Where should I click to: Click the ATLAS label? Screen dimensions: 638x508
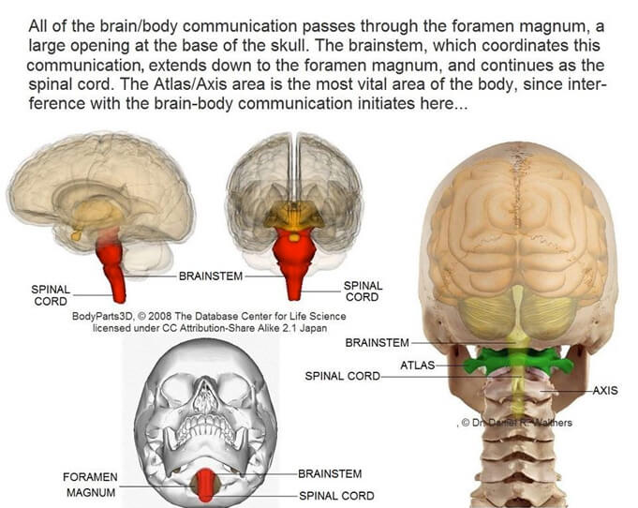(x=417, y=365)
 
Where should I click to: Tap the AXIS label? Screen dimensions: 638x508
(x=605, y=390)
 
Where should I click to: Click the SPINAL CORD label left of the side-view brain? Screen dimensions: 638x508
(x=49, y=296)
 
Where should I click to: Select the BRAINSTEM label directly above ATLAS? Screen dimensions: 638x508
(x=377, y=343)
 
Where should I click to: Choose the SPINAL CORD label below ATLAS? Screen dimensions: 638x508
(x=342, y=376)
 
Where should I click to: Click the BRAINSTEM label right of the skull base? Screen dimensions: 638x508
(x=329, y=474)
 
